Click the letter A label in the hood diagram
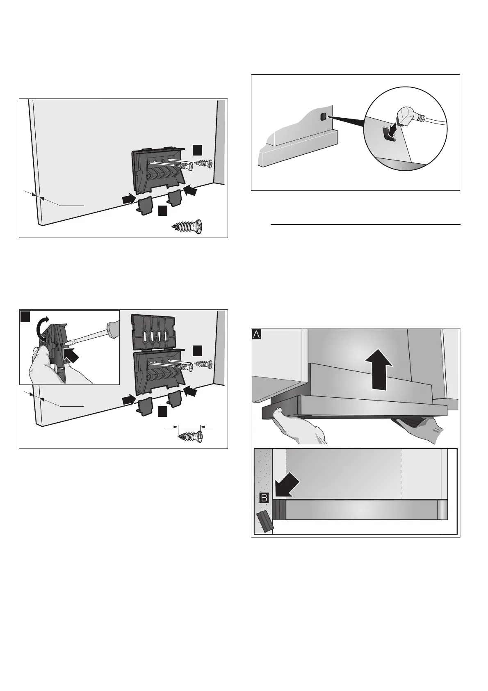(x=257, y=335)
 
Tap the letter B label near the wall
(x=265, y=499)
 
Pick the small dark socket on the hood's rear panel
(x=323, y=117)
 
